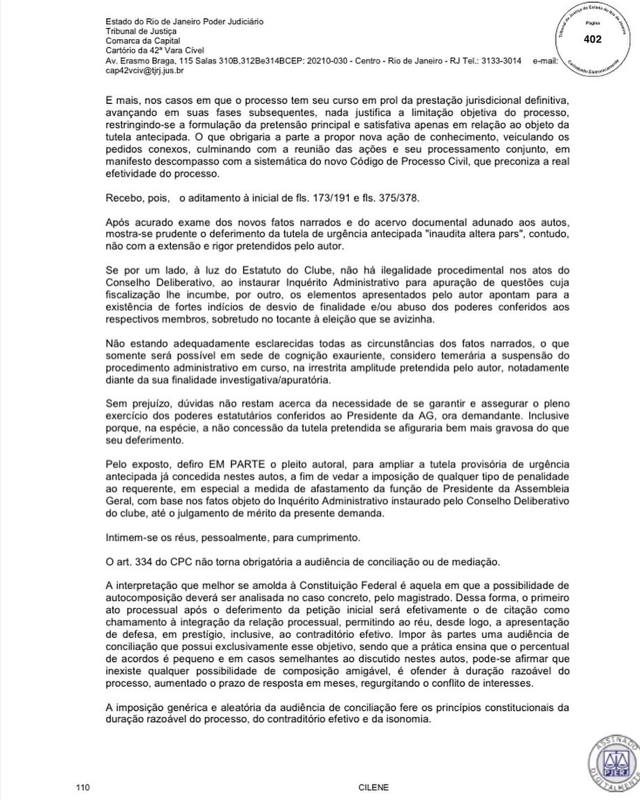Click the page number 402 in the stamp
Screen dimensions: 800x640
(592, 39)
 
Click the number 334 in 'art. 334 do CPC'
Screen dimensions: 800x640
(149, 563)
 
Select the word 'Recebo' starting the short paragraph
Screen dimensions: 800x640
(123, 199)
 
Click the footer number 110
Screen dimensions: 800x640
(84, 787)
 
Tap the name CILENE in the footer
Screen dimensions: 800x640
(369, 787)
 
